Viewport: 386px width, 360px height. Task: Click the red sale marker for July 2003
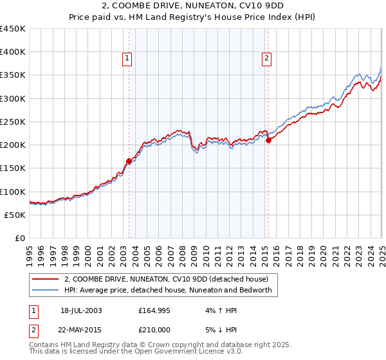pos(129,161)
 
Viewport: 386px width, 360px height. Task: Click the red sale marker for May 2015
pos(268,141)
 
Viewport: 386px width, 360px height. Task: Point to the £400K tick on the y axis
pos(13,52)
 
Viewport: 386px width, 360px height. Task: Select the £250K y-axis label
pos(13,122)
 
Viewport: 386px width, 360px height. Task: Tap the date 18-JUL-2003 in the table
pos(81,310)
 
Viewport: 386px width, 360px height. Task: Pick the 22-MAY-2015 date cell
pos(81,330)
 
